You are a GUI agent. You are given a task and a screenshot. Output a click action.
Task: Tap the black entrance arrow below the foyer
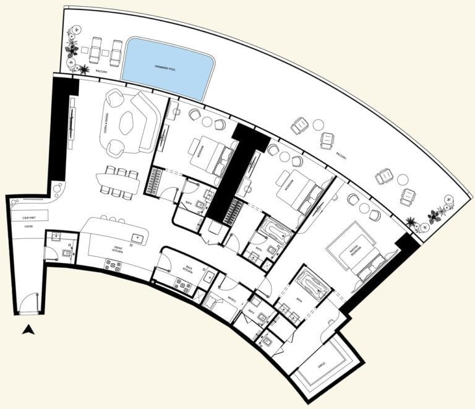[28, 330]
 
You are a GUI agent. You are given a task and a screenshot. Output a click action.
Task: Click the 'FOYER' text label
[28, 227]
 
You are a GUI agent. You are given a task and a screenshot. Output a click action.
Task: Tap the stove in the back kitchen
[182, 285]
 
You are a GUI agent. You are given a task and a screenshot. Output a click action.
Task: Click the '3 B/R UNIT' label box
[29, 218]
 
